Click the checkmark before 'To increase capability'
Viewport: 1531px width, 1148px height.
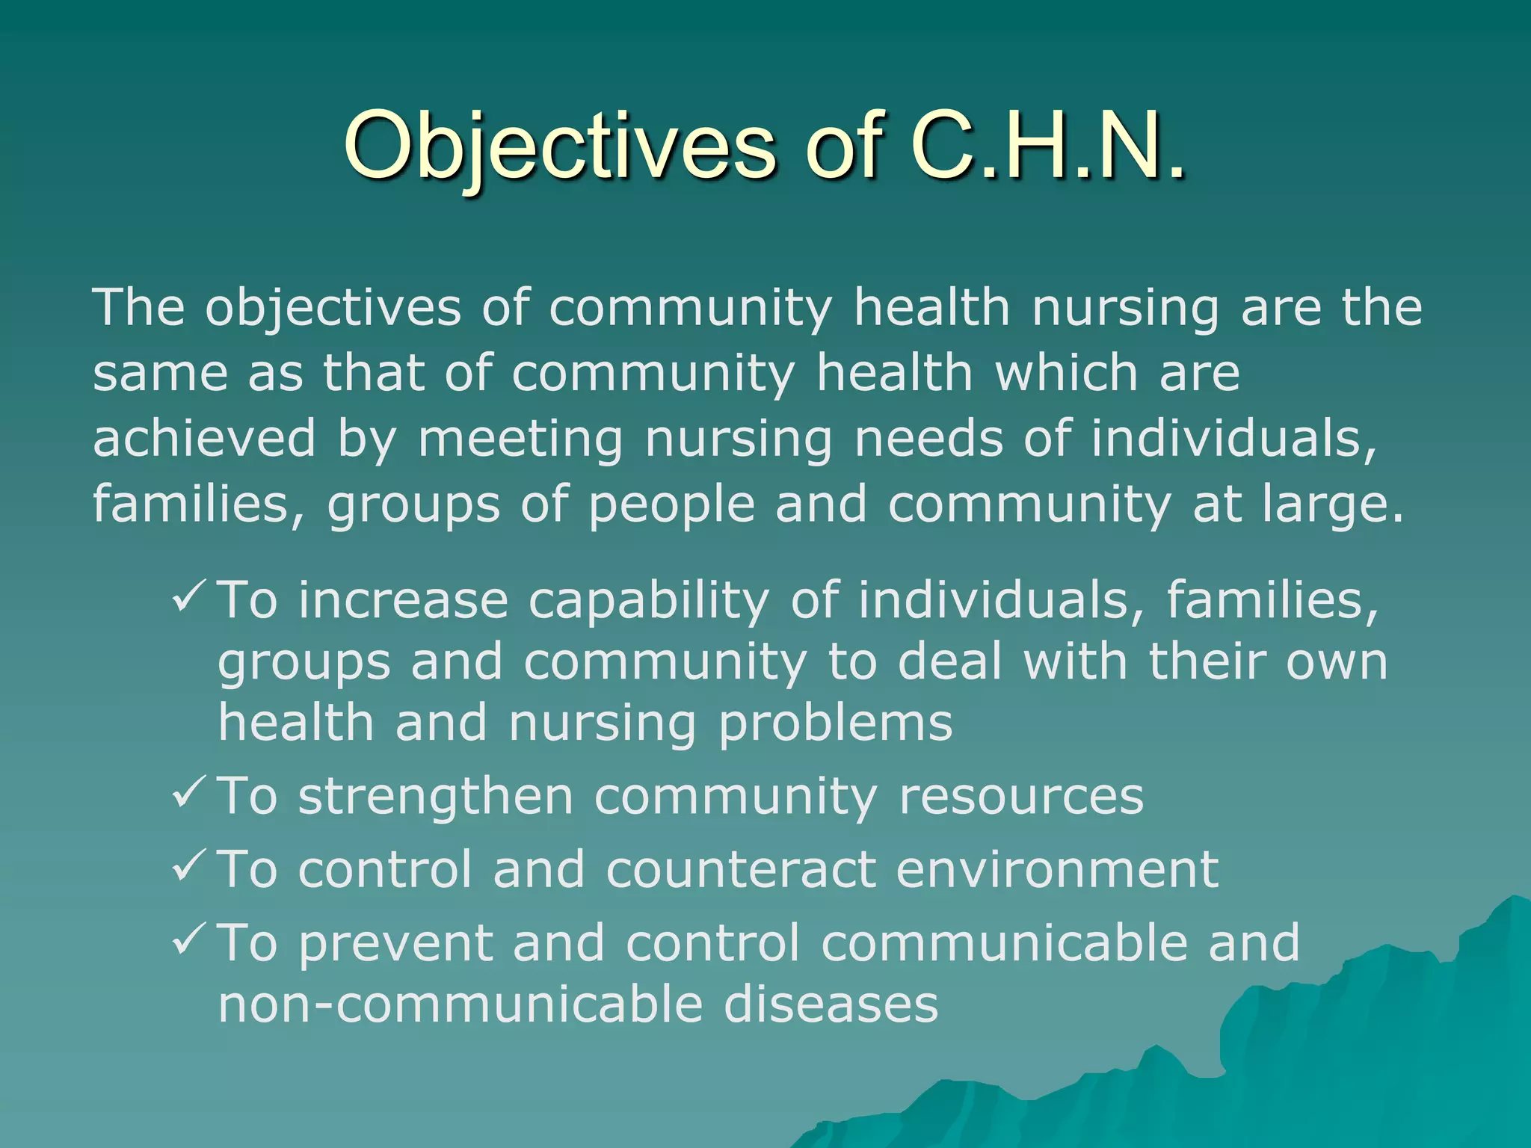188,598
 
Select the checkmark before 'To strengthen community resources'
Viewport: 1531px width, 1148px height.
188,794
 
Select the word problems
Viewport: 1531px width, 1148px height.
835,723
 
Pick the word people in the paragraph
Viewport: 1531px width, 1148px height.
671,505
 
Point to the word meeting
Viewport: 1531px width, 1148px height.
520,439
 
